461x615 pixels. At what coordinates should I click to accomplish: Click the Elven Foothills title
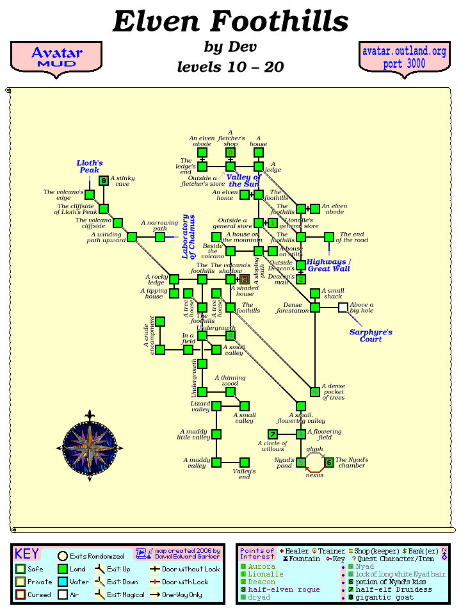pos(230,22)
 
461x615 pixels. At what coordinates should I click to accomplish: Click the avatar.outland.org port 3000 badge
pos(404,58)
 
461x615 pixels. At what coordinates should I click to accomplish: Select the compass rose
pos(90,444)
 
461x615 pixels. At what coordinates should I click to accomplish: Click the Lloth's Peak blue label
pos(90,167)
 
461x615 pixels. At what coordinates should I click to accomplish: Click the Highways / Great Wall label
pos(328,265)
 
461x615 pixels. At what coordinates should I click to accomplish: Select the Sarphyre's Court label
pos(370,336)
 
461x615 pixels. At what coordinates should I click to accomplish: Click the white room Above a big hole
pos(343,307)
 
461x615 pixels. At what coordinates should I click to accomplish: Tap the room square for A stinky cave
pos(104,181)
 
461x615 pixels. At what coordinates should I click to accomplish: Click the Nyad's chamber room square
pos(329,463)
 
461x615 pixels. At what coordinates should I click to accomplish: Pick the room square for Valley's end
pos(244,463)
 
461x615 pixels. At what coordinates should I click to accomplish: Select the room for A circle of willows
pos(273,434)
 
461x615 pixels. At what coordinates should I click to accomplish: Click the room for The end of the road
pos(329,237)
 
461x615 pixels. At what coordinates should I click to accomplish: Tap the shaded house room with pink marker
pos(245,279)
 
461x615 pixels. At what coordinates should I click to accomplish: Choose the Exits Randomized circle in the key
pos(63,556)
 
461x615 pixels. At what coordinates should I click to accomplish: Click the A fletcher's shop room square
pos(230,152)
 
